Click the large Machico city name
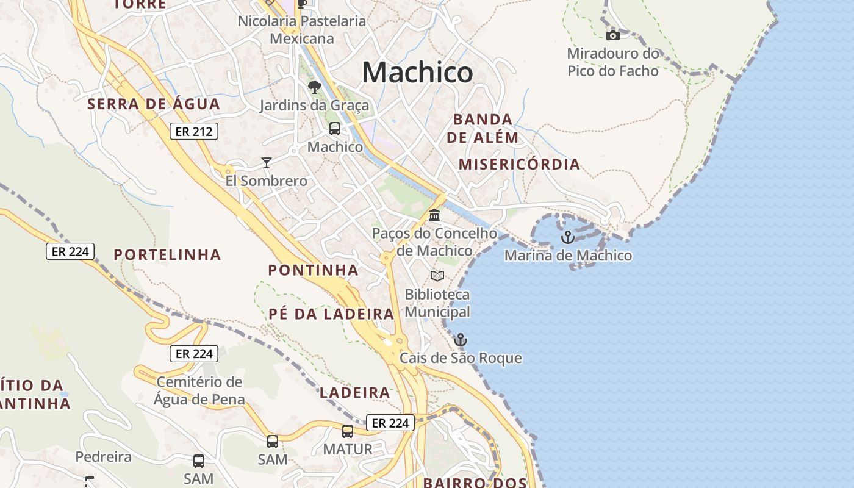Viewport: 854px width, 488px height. coord(417,73)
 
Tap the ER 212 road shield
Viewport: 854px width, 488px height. coord(193,131)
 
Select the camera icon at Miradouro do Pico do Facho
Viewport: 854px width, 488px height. coord(613,36)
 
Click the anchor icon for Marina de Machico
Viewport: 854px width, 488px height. coord(568,237)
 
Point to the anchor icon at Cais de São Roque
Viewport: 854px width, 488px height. coord(461,340)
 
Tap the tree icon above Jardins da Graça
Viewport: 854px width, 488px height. coord(315,87)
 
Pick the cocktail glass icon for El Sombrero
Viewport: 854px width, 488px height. coord(266,162)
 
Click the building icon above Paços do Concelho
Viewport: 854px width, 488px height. coord(434,215)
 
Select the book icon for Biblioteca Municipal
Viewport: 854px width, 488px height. coord(437,276)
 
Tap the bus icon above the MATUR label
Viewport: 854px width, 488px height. coord(348,431)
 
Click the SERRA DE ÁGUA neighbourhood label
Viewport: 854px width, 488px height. coord(153,104)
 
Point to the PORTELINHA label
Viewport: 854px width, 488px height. coord(167,255)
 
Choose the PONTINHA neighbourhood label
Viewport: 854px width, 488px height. coord(313,270)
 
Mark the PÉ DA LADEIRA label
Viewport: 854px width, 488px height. coord(331,314)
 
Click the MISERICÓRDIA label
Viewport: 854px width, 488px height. coord(519,165)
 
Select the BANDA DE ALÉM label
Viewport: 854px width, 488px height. coord(483,128)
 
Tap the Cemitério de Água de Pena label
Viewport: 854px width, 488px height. coord(199,391)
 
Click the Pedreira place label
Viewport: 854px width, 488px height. coord(103,457)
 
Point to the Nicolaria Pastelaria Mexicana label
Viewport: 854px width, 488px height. coord(302,30)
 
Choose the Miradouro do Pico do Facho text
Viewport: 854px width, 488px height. coord(613,62)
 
